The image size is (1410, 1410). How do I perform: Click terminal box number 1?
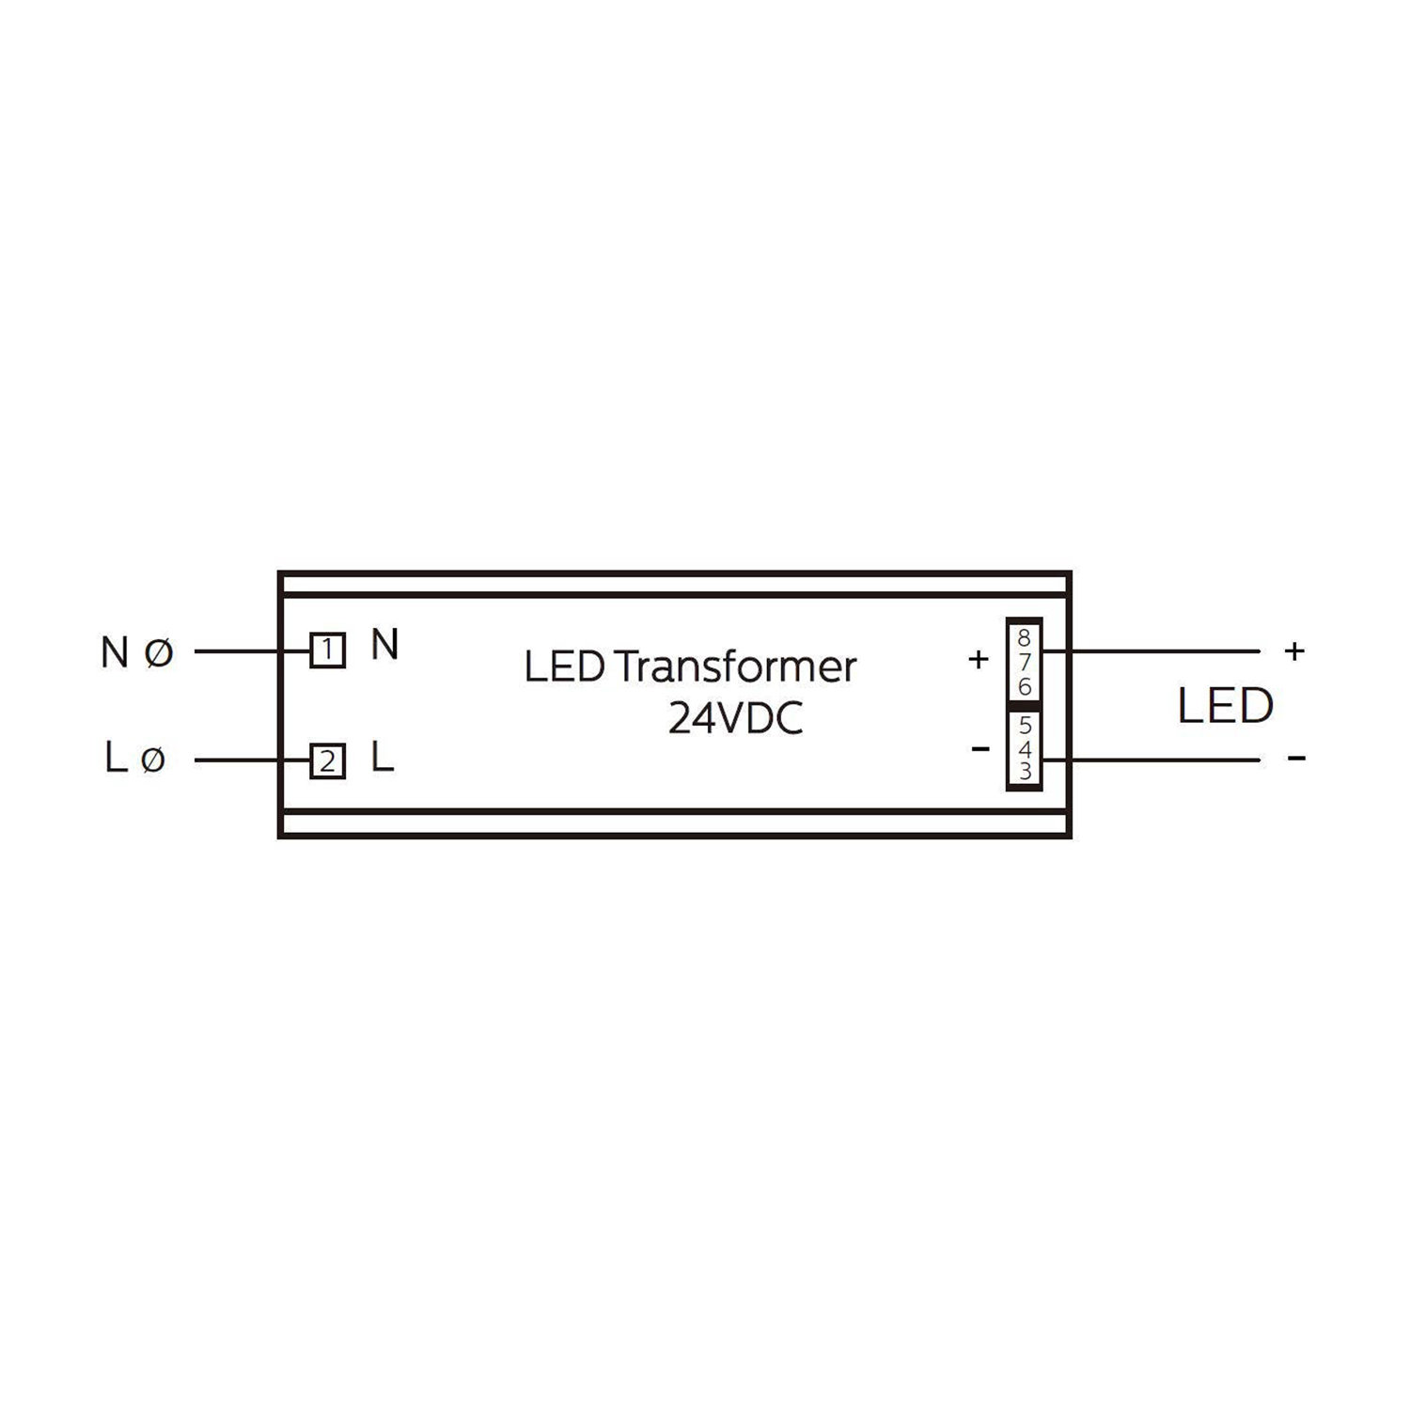tap(328, 650)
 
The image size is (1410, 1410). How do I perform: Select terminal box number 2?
tap(328, 760)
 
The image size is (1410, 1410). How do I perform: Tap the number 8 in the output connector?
tap(1025, 639)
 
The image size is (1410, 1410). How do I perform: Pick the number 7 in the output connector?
tap(1025, 663)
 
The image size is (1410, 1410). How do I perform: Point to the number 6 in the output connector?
tap(1025, 687)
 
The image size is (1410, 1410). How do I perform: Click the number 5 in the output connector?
tap(1025, 726)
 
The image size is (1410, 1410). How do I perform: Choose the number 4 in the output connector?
tap(1025, 749)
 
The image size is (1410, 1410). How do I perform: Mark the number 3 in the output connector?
tap(1025, 771)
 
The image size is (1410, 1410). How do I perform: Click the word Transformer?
tap(736, 666)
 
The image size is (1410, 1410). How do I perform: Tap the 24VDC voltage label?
tap(736, 720)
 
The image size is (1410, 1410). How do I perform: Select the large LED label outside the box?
tap(1226, 706)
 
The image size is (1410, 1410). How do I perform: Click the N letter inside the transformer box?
tap(385, 645)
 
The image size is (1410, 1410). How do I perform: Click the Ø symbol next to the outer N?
tap(160, 651)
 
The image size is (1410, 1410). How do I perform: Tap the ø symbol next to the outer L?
tap(153, 760)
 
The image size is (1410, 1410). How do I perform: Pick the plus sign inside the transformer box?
tap(979, 659)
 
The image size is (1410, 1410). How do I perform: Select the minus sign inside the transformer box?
tap(980, 748)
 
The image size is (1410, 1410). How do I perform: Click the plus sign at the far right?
tap(1294, 650)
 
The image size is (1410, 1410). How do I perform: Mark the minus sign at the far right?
tap(1297, 758)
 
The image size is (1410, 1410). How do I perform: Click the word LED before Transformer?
tap(564, 666)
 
